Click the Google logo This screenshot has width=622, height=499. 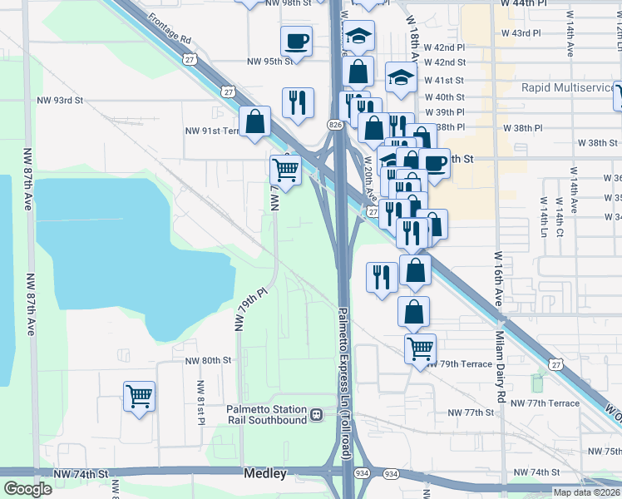[28, 489]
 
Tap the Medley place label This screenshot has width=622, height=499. [265, 474]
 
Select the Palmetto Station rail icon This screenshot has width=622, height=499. [316, 414]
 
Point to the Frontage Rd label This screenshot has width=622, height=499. [170, 28]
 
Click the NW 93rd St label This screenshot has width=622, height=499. [60, 101]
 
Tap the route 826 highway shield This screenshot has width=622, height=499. [333, 124]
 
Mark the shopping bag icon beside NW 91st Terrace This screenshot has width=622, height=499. [255, 121]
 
